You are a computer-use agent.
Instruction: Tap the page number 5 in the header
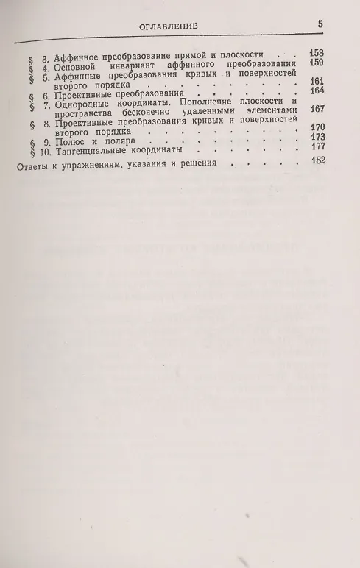coord(321,24)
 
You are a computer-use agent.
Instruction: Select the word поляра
coord(118,141)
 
